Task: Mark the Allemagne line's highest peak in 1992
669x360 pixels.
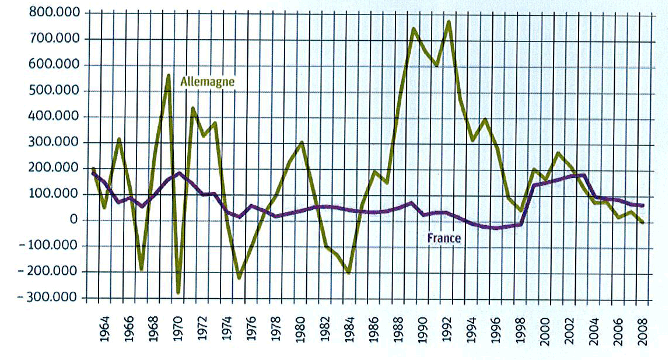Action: click(449, 22)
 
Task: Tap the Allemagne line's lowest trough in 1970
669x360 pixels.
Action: click(178, 292)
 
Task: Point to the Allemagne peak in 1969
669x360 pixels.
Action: click(168, 75)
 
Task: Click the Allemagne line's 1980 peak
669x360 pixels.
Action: click(302, 142)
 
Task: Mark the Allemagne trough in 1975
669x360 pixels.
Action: click(240, 278)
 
